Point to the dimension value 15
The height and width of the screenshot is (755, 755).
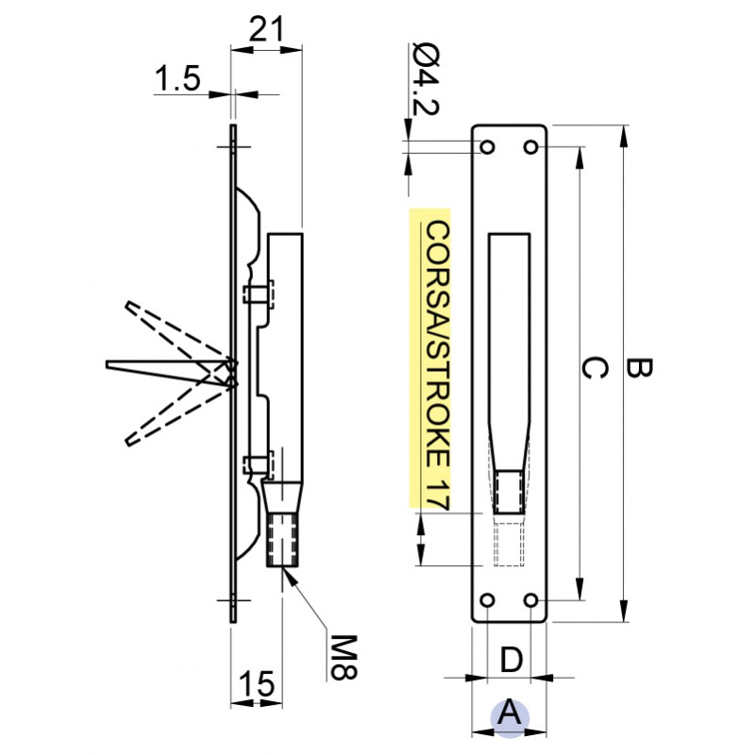[256, 682]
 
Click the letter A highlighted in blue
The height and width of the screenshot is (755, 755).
[509, 713]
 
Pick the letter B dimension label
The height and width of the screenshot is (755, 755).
[639, 369]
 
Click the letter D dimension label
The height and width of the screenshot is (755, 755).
[510, 660]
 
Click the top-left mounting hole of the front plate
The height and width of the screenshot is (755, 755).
[488, 147]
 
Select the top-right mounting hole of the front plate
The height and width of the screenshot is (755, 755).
[531, 147]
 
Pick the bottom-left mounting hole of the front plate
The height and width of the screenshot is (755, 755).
[488, 600]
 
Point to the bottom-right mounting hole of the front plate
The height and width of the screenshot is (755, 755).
[531, 600]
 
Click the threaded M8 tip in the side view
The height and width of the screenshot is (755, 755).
[282, 538]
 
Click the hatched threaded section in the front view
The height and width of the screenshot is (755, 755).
[510, 491]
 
